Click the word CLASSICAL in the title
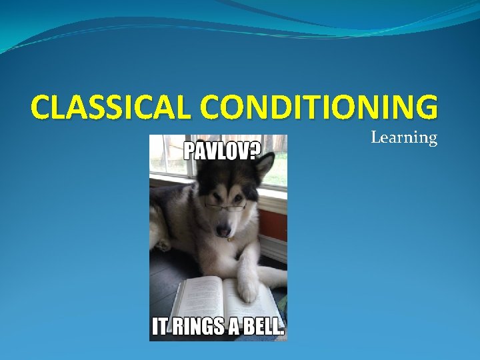pos(111,107)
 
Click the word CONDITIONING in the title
pos(319,107)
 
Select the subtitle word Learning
pos(403,138)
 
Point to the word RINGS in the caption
pos(203,327)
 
